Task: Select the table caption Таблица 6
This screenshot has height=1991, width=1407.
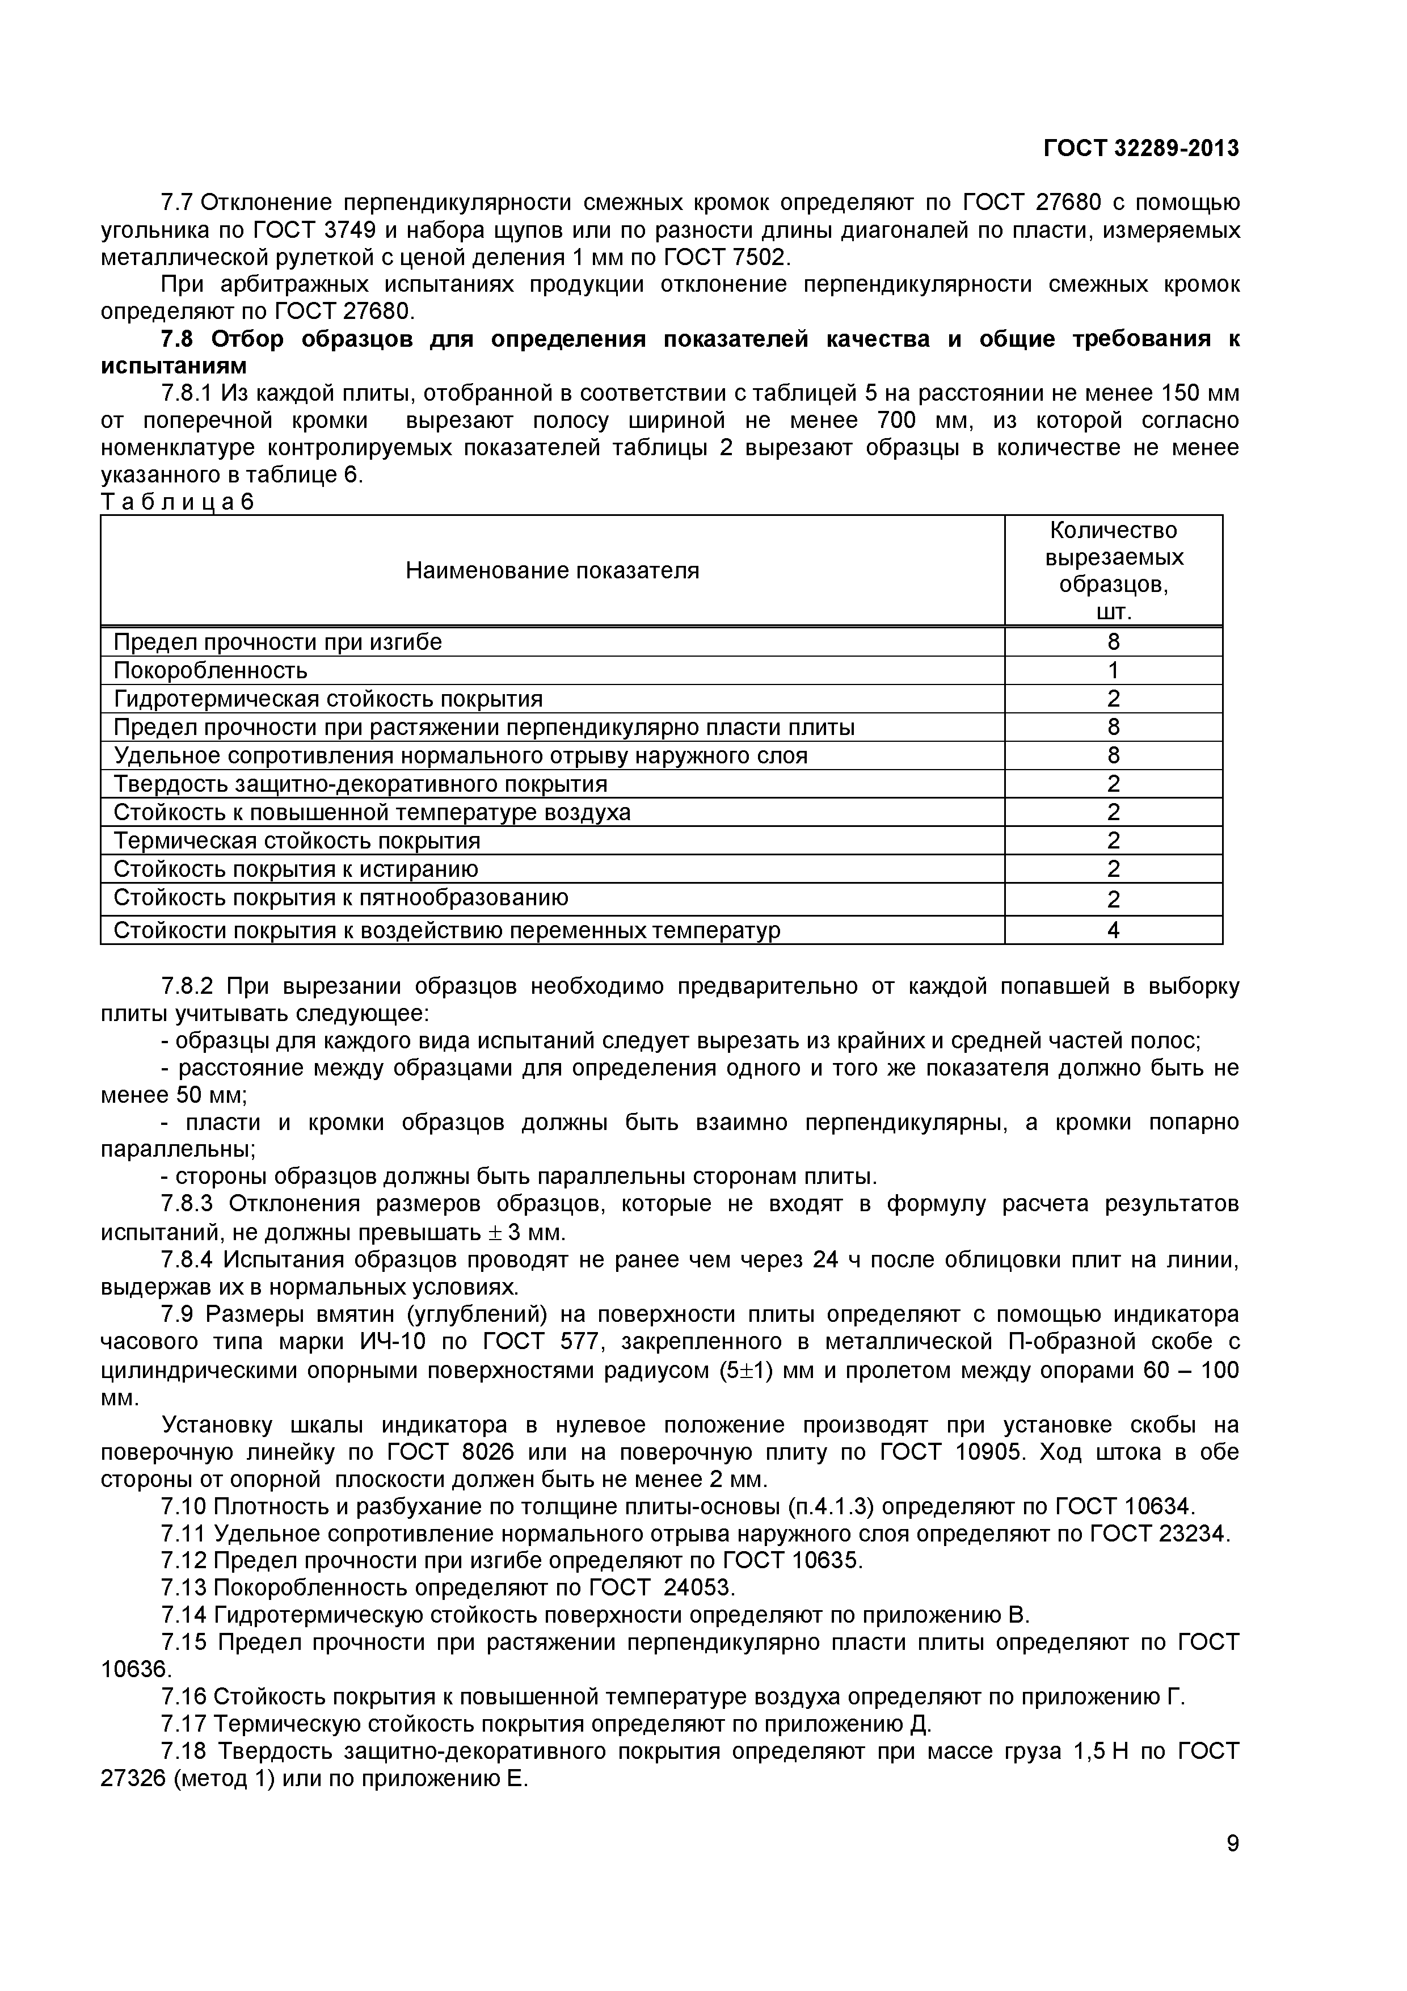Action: click(x=177, y=502)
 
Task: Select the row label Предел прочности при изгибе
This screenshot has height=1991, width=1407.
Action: click(x=277, y=642)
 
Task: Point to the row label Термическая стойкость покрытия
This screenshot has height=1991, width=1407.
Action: click(x=297, y=841)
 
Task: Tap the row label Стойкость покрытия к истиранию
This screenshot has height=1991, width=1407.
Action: click(x=296, y=869)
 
